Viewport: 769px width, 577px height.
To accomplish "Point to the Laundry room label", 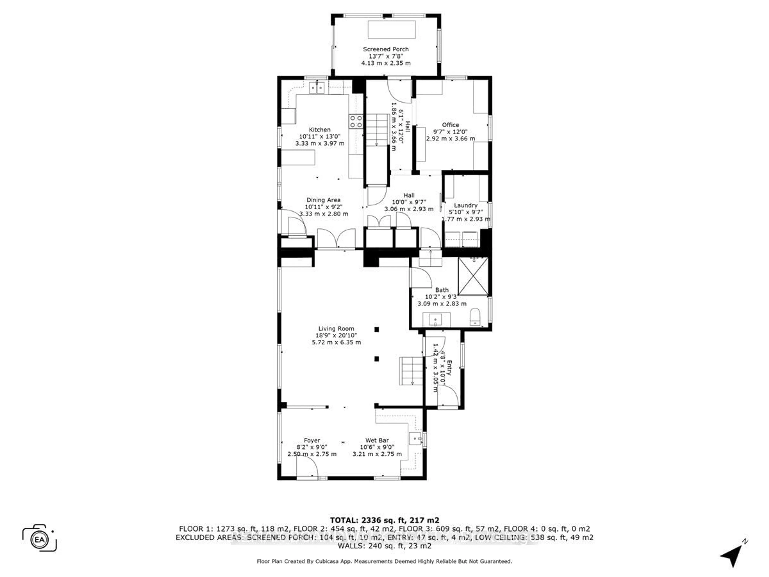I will click(x=465, y=205).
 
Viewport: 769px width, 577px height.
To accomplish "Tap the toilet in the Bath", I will click(x=475, y=317).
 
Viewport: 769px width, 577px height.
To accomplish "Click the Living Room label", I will click(x=336, y=328).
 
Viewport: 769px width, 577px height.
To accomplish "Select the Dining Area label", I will click(x=323, y=200).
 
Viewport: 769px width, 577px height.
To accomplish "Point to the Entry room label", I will click(x=449, y=368).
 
